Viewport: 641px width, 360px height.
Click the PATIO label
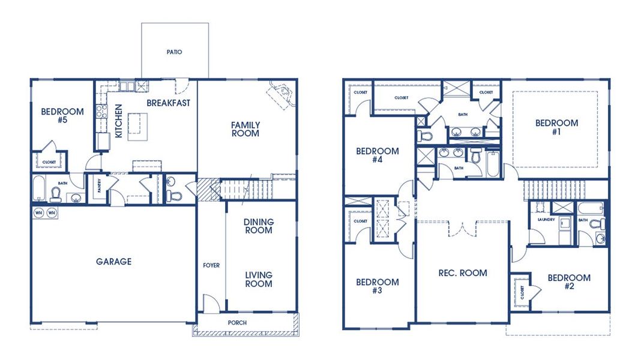(174, 52)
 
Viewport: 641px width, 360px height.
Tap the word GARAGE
(113, 262)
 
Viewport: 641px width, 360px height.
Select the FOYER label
(211, 265)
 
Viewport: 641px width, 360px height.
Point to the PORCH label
(236, 323)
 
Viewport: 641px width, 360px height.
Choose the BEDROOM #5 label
(62, 116)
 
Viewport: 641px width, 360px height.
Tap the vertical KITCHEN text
(118, 121)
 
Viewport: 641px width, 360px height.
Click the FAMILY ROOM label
(245, 129)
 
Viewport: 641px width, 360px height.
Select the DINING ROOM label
(259, 226)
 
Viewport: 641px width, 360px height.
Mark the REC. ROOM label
(463, 273)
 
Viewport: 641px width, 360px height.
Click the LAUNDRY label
(537, 220)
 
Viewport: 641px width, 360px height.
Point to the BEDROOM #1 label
(556, 127)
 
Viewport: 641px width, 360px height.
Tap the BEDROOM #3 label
(377, 286)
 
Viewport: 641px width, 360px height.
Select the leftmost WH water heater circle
(38, 213)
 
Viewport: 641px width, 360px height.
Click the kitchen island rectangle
(137, 127)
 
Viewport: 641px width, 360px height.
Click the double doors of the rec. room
(463, 229)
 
